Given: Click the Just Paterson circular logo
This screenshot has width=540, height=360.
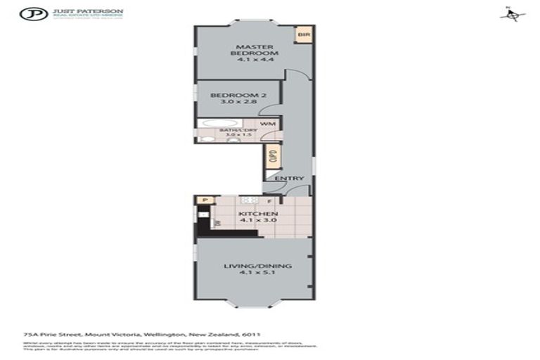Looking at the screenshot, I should [32, 13].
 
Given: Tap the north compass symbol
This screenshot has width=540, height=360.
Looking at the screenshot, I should [513, 15].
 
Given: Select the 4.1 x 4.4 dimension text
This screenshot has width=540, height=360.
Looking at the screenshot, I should [255, 60].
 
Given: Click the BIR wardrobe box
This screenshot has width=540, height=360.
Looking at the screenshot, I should [304, 34].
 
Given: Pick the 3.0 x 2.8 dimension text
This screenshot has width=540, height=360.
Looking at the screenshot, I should [238, 103].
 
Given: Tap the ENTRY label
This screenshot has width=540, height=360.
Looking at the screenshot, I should [289, 179].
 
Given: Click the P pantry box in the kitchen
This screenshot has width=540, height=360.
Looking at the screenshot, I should [205, 200].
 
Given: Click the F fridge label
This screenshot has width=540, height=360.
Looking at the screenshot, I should [269, 201].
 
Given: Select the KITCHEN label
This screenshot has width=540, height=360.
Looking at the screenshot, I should [258, 213].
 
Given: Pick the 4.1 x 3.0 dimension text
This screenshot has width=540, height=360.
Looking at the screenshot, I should [258, 221].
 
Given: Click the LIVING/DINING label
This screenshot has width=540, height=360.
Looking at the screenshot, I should [257, 266].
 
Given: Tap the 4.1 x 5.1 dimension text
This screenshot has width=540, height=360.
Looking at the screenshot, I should [257, 275].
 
